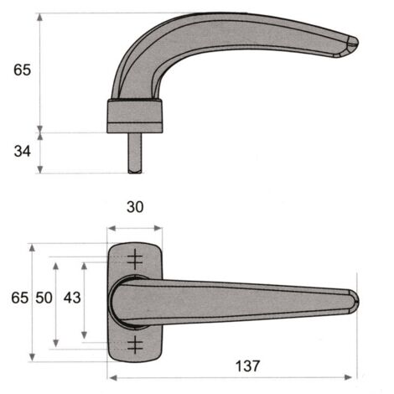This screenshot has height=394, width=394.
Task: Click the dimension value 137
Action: (x=247, y=365)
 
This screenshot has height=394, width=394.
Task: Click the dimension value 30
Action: (x=135, y=207)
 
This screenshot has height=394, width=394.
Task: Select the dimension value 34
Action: (x=23, y=151)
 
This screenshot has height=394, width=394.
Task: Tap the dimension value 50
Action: (x=44, y=298)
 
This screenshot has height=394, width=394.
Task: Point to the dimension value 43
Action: (x=72, y=298)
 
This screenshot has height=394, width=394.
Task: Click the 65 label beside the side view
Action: (x=23, y=70)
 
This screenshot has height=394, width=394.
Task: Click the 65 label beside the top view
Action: (x=20, y=298)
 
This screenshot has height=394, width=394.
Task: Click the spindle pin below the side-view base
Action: (x=135, y=153)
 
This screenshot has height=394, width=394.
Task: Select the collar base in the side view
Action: (x=135, y=116)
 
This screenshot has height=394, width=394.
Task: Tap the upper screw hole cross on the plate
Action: (x=135, y=259)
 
